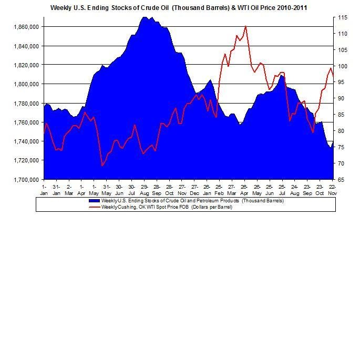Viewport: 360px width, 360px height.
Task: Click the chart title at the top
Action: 179,8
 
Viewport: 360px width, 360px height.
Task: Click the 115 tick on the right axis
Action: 342,18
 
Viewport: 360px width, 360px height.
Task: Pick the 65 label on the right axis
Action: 342,180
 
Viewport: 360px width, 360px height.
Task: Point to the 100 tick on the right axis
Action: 342,66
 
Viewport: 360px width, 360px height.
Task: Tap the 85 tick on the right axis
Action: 342,115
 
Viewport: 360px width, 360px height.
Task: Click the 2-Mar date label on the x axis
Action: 69,190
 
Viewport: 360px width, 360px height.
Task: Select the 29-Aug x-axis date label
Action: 143,190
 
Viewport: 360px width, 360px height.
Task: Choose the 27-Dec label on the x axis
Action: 194,190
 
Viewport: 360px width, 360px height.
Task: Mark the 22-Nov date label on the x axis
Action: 332,190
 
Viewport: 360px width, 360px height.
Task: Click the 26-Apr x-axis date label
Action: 244,190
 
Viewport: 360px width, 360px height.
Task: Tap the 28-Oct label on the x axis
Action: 169,190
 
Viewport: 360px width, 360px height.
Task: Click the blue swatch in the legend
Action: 95,201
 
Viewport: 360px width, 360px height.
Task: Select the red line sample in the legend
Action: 95,207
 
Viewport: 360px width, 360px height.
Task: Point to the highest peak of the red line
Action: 245,26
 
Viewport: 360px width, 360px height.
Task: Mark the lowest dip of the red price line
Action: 102,166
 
